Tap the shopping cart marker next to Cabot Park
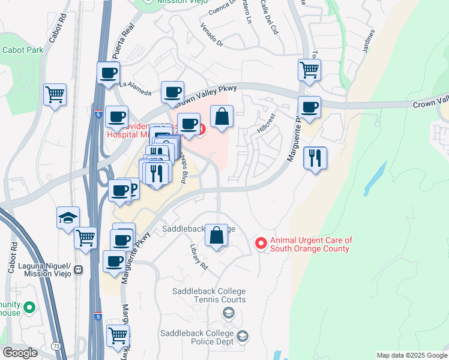[55, 94]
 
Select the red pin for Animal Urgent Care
[261, 244]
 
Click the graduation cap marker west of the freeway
[68, 218]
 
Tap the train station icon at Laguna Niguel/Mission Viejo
[79, 270]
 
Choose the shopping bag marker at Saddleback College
[217, 235]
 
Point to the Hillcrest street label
[265, 122]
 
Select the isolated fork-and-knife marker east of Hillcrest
[315, 158]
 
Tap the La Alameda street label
[135, 88]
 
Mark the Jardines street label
[368, 42]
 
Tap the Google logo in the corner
[20, 352]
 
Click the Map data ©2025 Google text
[411, 355]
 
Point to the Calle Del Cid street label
[270, 17]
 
